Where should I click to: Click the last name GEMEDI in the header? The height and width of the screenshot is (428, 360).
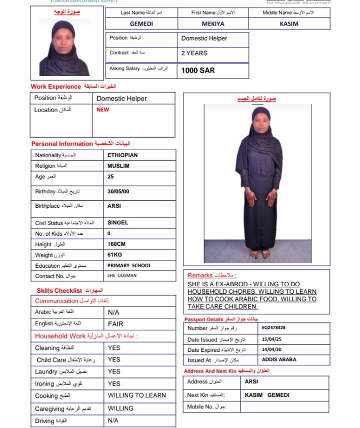(x=141, y=24)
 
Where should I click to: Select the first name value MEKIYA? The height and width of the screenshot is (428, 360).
(x=213, y=24)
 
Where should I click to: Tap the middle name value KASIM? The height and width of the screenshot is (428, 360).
(x=289, y=24)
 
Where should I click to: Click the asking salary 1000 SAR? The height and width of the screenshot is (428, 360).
(x=198, y=71)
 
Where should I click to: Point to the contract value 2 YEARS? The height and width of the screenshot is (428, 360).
(x=194, y=53)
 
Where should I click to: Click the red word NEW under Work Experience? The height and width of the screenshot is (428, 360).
(x=102, y=110)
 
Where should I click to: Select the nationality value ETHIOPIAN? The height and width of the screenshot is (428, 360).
(x=122, y=155)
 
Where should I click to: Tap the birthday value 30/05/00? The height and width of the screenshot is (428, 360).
(x=119, y=192)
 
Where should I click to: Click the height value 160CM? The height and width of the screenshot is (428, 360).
(x=117, y=244)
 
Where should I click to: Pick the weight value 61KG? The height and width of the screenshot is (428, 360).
(x=114, y=255)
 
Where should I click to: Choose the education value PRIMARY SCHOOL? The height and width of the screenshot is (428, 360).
(x=129, y=266)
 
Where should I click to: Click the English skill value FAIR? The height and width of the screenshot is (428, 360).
(x=115, y=324)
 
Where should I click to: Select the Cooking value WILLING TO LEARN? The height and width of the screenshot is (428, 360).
(x=137, y=395)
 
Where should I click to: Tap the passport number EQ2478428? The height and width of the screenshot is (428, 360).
(x=273, y=328)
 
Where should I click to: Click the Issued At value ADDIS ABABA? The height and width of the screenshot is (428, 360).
(x=279, y=359)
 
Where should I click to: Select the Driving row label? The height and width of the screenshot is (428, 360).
(x=44, y=421)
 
